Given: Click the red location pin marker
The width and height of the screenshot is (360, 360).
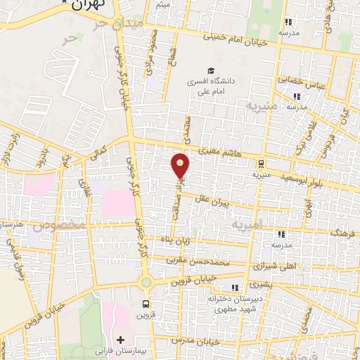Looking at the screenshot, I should (180, 166).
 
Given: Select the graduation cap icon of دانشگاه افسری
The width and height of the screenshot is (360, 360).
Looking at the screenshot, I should (210, 70).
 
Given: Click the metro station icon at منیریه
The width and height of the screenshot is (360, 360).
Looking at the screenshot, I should (260, 161).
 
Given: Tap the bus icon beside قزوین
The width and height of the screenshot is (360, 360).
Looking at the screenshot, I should (146, 304).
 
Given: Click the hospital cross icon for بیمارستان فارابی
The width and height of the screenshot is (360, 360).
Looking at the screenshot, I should (120, 340).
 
